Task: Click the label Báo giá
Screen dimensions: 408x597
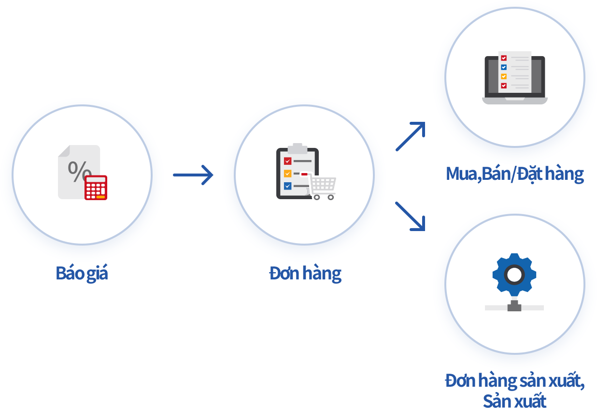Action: click(82, 273)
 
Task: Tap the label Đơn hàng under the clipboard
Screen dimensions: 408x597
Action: click(305, 273)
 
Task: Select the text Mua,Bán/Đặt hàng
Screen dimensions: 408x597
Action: click(515, 174)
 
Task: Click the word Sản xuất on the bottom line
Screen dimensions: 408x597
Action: click(514, 401)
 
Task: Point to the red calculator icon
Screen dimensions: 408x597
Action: click(96, 188)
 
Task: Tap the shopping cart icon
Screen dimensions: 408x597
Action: click(323, 187)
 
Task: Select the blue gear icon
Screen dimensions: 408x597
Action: click(514, 275)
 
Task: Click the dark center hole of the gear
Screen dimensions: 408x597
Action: click(514, 275)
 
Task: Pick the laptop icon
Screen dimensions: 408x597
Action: click(515, 79)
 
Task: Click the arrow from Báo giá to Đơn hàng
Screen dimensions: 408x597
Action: click(193, 175)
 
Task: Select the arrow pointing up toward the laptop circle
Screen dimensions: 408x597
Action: click(411, 136)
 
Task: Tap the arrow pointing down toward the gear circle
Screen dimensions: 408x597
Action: click(411, 216)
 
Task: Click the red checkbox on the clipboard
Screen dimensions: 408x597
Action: click(287, 161)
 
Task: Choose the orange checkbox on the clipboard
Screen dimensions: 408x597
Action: click(287, 174)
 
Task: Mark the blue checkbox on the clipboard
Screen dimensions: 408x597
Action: click(287, 186)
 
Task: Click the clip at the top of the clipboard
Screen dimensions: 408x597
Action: click(298, 146)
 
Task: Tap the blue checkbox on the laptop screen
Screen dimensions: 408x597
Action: click(504, 67)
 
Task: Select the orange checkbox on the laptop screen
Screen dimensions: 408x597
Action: click(504, 76)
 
